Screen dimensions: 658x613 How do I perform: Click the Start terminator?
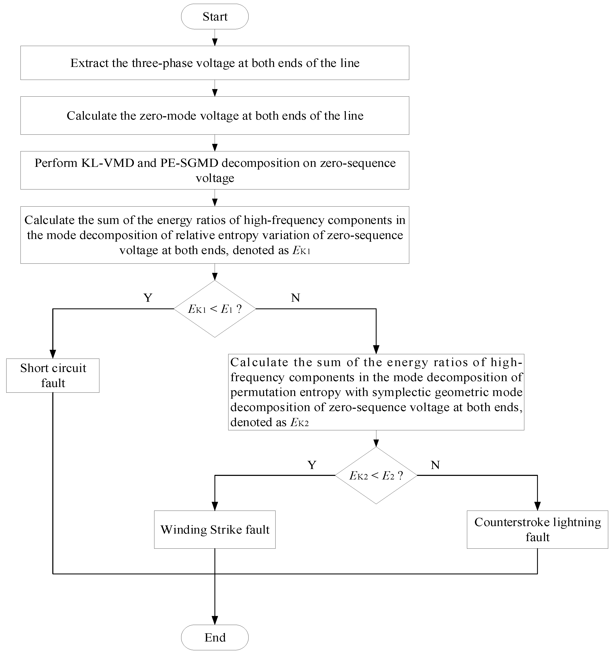click(215, 17)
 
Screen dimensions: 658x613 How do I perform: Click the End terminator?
click(215, 637)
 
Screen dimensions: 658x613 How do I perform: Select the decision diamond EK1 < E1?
click(215, 309)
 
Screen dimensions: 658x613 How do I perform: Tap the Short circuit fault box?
click(53, 375)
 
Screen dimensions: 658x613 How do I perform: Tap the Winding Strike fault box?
click(215, 530)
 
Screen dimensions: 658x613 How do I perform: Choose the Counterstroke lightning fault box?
click(537, 530)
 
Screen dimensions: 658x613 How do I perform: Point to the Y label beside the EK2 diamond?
click(312, 465)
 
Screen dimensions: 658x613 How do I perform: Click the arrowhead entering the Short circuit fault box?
click(53, 354)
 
